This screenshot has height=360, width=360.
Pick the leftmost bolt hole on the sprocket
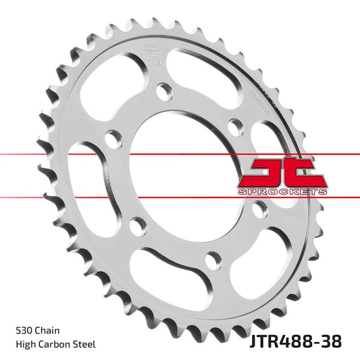pyautogui.click(x=113, y=139)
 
